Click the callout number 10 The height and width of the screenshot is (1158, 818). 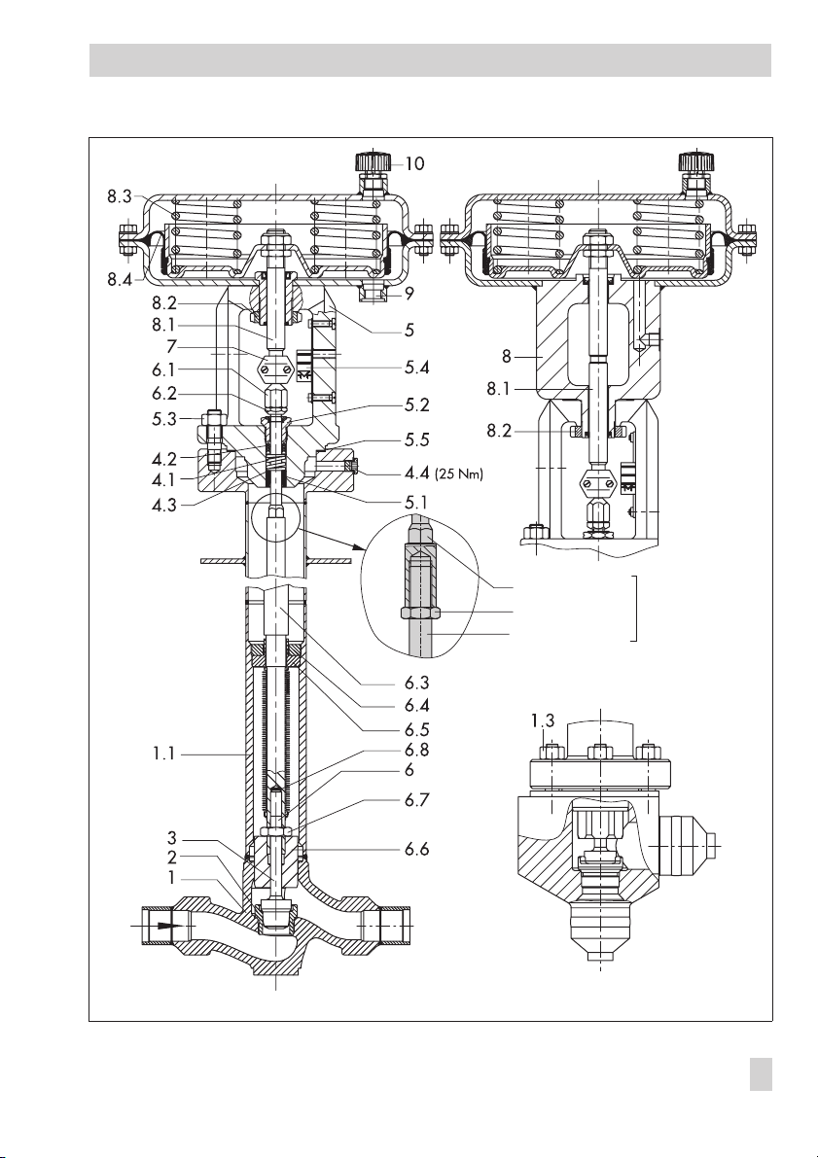click(x=415, y=163)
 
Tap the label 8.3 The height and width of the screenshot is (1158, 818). click(x=120, y=196)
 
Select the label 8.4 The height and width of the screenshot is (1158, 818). click(x=120, y=280)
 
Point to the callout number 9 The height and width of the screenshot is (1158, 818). click(x=409, y=294)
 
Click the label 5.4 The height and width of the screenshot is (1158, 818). click(x=415, y=368)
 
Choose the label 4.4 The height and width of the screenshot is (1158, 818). click(x=416, y=473)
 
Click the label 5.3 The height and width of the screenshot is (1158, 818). click(x=165, y=419)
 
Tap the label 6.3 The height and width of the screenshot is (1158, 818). click(x=416, y=683)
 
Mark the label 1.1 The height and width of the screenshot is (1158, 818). click(x=164, y=754)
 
